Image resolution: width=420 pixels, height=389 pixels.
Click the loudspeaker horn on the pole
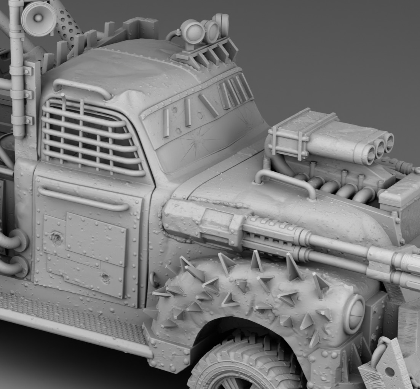(x=38, y=18)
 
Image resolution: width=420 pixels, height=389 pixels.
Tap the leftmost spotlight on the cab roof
(x=193, y=32)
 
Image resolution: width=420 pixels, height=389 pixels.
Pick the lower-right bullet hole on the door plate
(x=105, y=277)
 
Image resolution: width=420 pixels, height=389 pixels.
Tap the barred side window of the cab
(x=91, y=135)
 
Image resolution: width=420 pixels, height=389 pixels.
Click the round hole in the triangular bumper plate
(x=390, y=371)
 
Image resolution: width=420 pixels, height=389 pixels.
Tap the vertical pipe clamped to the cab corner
(x=17, y=69)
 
